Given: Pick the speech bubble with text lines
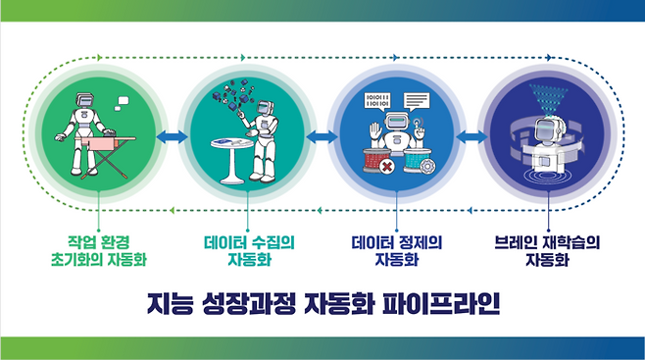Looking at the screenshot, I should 417,99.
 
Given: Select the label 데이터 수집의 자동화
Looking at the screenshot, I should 249,248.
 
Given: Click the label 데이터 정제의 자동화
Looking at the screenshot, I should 397,248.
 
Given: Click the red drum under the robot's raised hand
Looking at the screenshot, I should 378,159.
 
